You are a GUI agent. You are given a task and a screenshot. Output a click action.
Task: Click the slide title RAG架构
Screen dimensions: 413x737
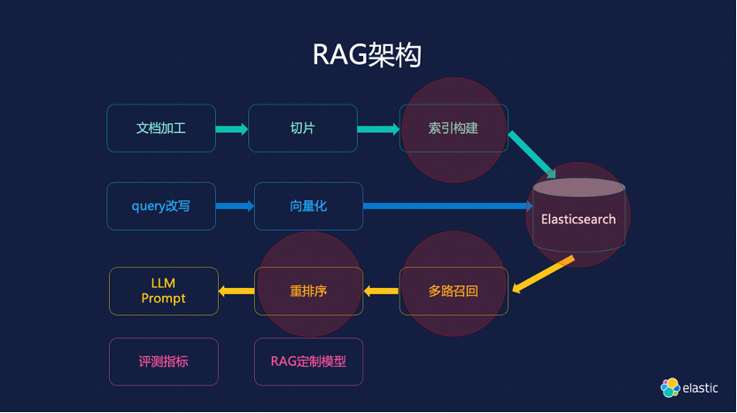(x=367, y=54)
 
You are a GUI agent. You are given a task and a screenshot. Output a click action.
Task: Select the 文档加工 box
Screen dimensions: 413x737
(x=161, y=128)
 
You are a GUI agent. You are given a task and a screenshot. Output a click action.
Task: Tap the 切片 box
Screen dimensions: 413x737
(x=302, y=128)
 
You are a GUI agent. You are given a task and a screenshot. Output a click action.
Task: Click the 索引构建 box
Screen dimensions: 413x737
(x=454, y=128)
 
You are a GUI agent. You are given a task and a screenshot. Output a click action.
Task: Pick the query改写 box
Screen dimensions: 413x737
(x=161, y=206)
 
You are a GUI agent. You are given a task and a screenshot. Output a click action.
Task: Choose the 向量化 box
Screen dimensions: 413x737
(x=308, y=206)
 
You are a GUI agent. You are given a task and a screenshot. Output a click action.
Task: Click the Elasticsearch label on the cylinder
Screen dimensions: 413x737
(x=578, y=218)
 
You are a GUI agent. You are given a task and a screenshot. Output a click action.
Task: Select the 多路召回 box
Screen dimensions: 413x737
(x=454, y=291)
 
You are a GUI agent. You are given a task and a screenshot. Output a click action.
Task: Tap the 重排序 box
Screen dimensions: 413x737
(x=308, y=291)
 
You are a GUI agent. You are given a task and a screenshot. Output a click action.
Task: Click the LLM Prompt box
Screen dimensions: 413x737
(x=163, y=291)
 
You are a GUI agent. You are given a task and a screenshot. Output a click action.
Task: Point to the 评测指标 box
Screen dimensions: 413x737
(x=163, y=362)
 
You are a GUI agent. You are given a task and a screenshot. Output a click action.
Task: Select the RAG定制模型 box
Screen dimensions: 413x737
(x=308, y=362)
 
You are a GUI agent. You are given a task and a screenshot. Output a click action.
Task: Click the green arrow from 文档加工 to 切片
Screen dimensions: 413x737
(x=231, y=129)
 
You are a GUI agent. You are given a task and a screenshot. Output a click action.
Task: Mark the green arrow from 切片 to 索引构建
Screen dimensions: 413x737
(x=378, y=129)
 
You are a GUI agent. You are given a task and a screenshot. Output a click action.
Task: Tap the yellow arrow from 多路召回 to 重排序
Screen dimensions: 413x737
(x=382, y=290)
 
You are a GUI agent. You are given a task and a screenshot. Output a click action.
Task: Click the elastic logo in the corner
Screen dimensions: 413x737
(x=688, y=387)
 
